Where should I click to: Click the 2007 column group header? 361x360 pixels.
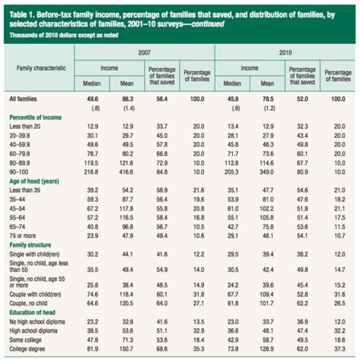[144, 51]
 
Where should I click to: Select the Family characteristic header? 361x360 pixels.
[38, 68]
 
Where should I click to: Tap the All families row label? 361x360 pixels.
[23, 99]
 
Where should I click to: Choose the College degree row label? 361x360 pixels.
[28, 349]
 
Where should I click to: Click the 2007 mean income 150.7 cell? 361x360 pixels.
[128, 349]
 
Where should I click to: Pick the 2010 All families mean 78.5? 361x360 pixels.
[267, 99]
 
